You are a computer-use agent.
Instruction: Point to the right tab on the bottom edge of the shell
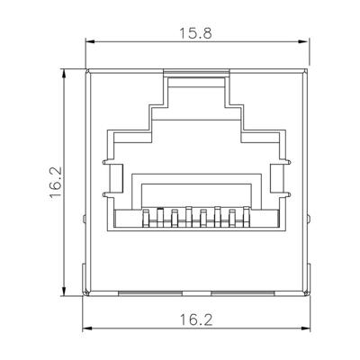(246, 292)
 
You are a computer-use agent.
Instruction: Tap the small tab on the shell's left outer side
(84, 220)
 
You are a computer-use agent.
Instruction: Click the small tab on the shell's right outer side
(310, 220)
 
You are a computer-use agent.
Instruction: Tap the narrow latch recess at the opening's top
(197, 83)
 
